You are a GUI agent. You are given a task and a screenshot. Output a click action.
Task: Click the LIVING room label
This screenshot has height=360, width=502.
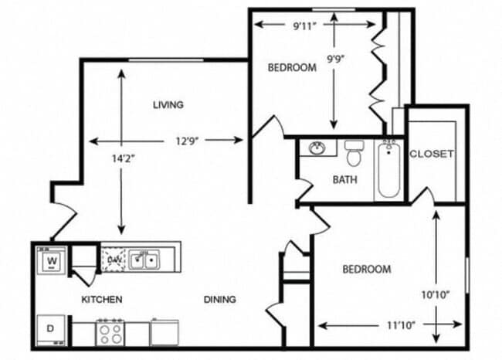point(168,104)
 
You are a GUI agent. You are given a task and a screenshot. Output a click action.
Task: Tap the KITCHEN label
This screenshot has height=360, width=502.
point(102,299)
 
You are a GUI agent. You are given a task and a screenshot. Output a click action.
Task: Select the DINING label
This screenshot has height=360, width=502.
point(220,299)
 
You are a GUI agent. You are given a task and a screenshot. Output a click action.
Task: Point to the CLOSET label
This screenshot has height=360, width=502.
point(432,153)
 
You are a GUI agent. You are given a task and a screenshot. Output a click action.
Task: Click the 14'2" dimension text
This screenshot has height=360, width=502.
point(121,159)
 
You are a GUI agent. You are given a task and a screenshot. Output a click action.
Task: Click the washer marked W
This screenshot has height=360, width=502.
point(53,261)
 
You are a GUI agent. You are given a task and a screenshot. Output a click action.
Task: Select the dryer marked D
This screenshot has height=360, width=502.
point(51,328)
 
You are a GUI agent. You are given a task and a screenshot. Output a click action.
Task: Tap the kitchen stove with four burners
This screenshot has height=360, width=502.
point(109,332)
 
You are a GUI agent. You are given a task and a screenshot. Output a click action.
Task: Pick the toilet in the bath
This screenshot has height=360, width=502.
point(354,153)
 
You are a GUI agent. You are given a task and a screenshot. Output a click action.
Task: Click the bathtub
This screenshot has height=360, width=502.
point(388,168)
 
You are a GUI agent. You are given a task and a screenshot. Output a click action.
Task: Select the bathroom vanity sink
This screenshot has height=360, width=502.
point(317,148)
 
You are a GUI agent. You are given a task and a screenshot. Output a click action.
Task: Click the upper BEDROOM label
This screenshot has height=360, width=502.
point(292,67)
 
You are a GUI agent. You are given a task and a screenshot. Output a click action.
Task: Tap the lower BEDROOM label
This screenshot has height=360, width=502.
point(367,269)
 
